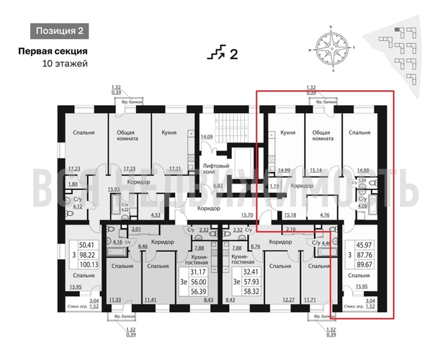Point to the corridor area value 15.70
(248, 215)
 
